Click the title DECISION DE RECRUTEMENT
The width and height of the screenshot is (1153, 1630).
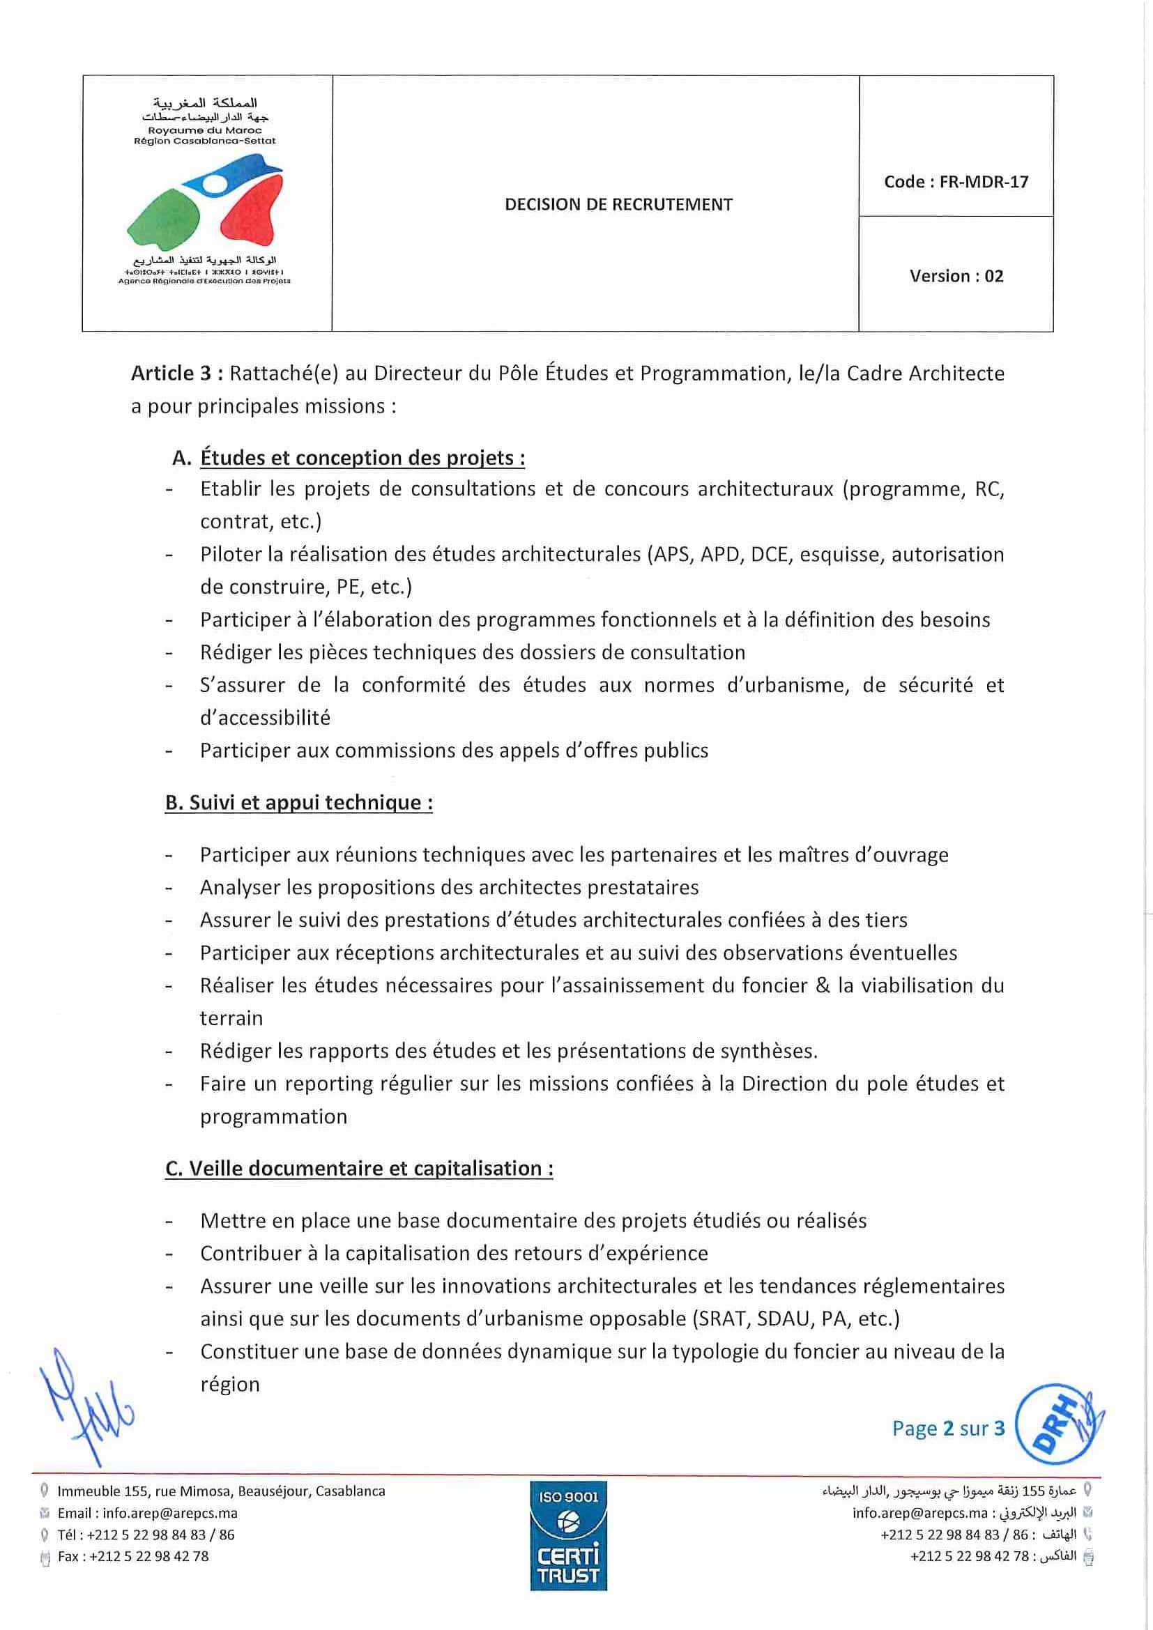(x=618, y=204)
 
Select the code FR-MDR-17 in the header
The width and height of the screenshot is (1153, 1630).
(x=984, y=182)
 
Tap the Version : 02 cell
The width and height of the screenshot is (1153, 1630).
(x=956, y=276)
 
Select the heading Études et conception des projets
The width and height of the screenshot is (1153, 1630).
(x=362, y=458)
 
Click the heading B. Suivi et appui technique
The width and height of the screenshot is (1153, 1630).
(x=299, y=803)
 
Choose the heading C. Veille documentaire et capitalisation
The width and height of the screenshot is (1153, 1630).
(x=359, y=1169)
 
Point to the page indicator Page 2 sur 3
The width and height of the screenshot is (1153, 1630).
(x=948, y=1428)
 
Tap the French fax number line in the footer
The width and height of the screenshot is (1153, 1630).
(x=133, y=1556)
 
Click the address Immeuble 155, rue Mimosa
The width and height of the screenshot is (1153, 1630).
(x=221, y=1491)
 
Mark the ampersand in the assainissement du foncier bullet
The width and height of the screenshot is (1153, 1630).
(x=823, y=985)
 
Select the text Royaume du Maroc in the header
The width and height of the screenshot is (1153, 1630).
(x=204, y=130)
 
